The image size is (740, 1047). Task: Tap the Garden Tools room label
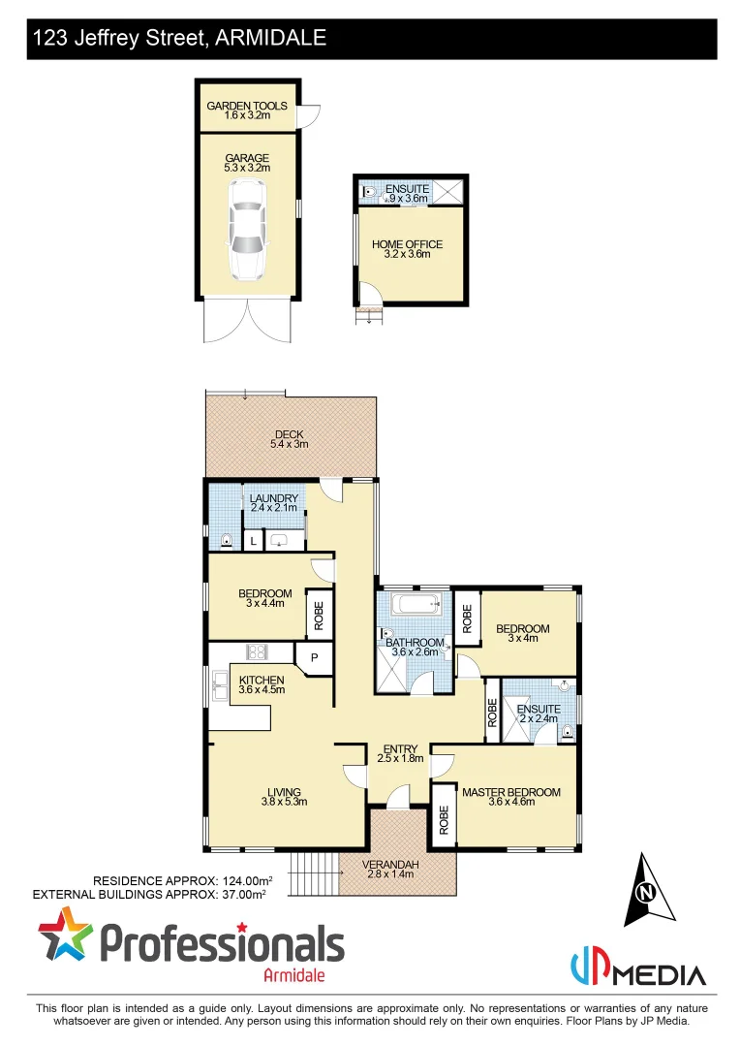(246, 106)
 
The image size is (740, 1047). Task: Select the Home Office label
(407, 244)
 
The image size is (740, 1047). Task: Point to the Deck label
(289, 434)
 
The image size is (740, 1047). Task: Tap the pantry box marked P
(314, 657)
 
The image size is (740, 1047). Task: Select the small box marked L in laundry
(253, 541)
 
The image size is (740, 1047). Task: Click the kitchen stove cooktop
(258, 651)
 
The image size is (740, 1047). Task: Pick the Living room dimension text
(284, 802)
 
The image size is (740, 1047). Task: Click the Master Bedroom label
(510, 792)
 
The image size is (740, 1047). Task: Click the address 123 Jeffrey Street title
(179, 39)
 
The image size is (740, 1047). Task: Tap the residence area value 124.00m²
(238, 880)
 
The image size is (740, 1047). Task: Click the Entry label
(400, 748)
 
